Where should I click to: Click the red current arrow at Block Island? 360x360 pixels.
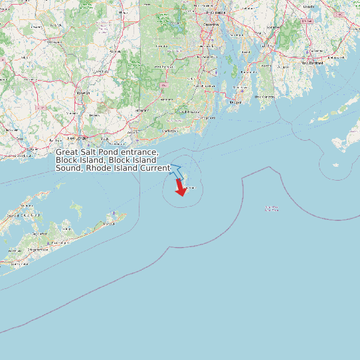(x=179, y=188)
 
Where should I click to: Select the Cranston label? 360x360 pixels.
(x=211, y=25)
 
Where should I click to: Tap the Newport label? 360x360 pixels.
(x=235, y=102)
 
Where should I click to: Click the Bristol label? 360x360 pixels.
(x=237, y=53)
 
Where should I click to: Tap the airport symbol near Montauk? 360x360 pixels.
(x=115, y=214)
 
